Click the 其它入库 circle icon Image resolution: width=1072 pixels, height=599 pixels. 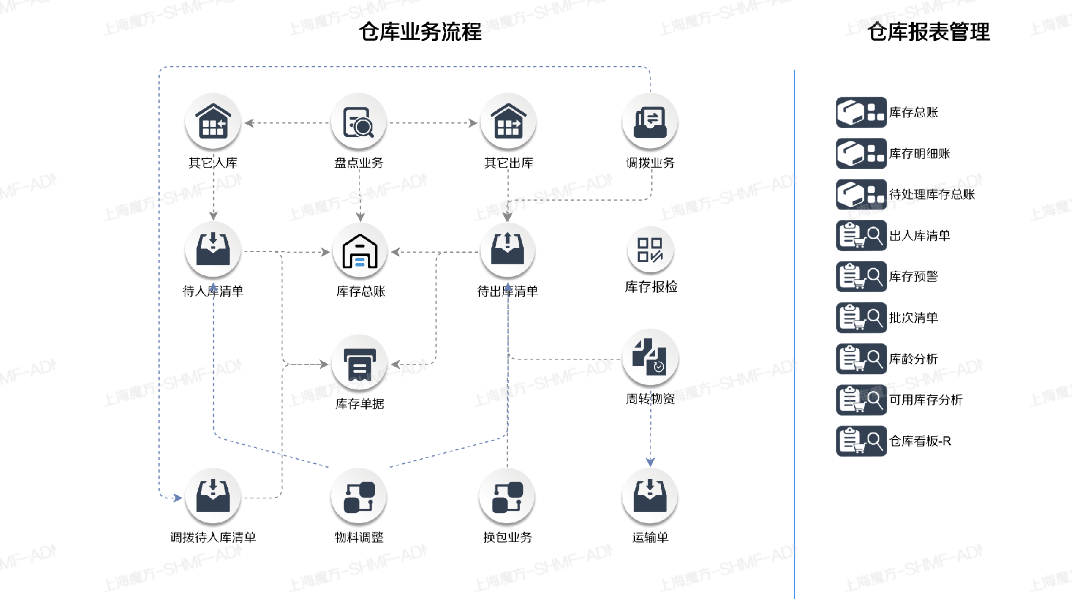213,121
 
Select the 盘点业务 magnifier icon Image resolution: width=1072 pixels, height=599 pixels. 358,121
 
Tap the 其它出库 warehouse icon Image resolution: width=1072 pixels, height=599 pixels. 508,121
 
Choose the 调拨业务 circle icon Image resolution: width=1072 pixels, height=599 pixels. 650,121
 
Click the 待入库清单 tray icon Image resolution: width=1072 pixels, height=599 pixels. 213,250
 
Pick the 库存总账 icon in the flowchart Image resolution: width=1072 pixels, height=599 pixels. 360,251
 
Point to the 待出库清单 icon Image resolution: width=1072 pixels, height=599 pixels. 508,250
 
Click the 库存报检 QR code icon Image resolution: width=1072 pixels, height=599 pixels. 650,250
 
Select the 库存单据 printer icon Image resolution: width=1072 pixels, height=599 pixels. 360,363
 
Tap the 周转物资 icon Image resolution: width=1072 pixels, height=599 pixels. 650,358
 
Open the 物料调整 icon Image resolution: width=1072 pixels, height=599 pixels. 359,497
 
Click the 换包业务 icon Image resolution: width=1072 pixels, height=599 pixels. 507,497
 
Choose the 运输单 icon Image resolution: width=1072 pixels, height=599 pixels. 650,497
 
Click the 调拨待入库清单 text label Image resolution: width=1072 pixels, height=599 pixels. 213,538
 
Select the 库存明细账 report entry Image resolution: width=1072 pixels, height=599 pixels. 919,154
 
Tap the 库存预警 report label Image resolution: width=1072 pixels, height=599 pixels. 913,277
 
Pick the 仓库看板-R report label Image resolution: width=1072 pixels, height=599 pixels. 920,441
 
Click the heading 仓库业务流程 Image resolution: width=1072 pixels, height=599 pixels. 420,32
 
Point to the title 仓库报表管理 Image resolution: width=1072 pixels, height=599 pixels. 929,32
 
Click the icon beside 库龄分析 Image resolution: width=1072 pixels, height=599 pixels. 861,359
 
